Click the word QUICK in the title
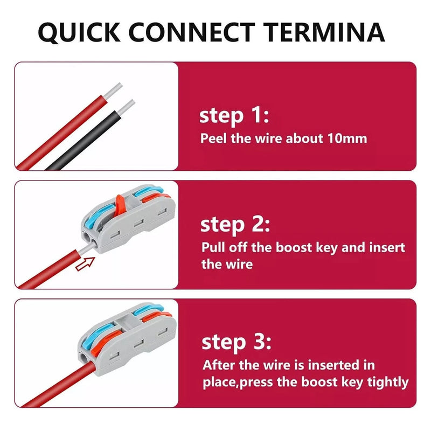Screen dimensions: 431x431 (79, 32)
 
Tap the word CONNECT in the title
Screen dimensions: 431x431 (192, 32)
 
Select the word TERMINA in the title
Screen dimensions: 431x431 (324, 32)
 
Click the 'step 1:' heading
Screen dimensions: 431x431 (234, 116)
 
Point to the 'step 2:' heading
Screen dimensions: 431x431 (235, 225)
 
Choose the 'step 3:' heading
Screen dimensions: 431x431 (237, 342)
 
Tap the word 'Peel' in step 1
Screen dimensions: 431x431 (213, 138)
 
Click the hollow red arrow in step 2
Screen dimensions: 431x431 (85, 264)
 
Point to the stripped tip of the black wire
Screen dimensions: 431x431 (127, 106)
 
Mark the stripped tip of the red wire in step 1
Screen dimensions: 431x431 (113, 91)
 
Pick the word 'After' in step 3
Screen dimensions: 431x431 (219, 365)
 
